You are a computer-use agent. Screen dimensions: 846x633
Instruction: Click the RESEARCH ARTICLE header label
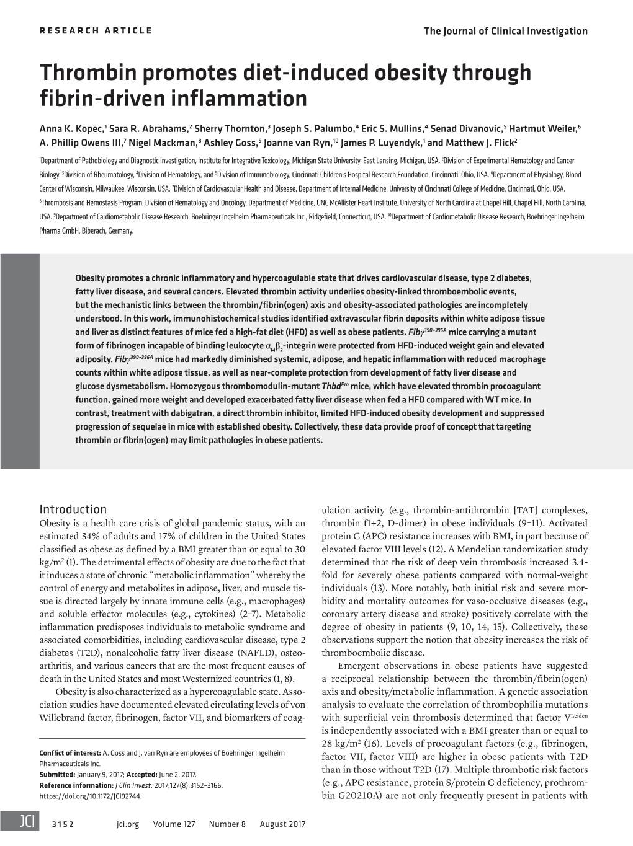tap(96, 30)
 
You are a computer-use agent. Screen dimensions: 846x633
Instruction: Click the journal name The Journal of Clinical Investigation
tap(505, 30)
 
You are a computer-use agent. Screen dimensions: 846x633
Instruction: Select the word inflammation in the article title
tap(251, 98)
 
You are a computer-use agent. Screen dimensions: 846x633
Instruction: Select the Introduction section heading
tap(73, 509)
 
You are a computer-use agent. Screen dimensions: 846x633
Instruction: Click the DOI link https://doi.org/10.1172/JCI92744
tap(91, 796)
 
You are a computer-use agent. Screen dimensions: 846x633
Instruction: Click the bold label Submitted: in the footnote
tap(56, 775)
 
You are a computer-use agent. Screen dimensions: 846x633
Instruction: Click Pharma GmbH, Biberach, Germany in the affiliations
tap(86, 231)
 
